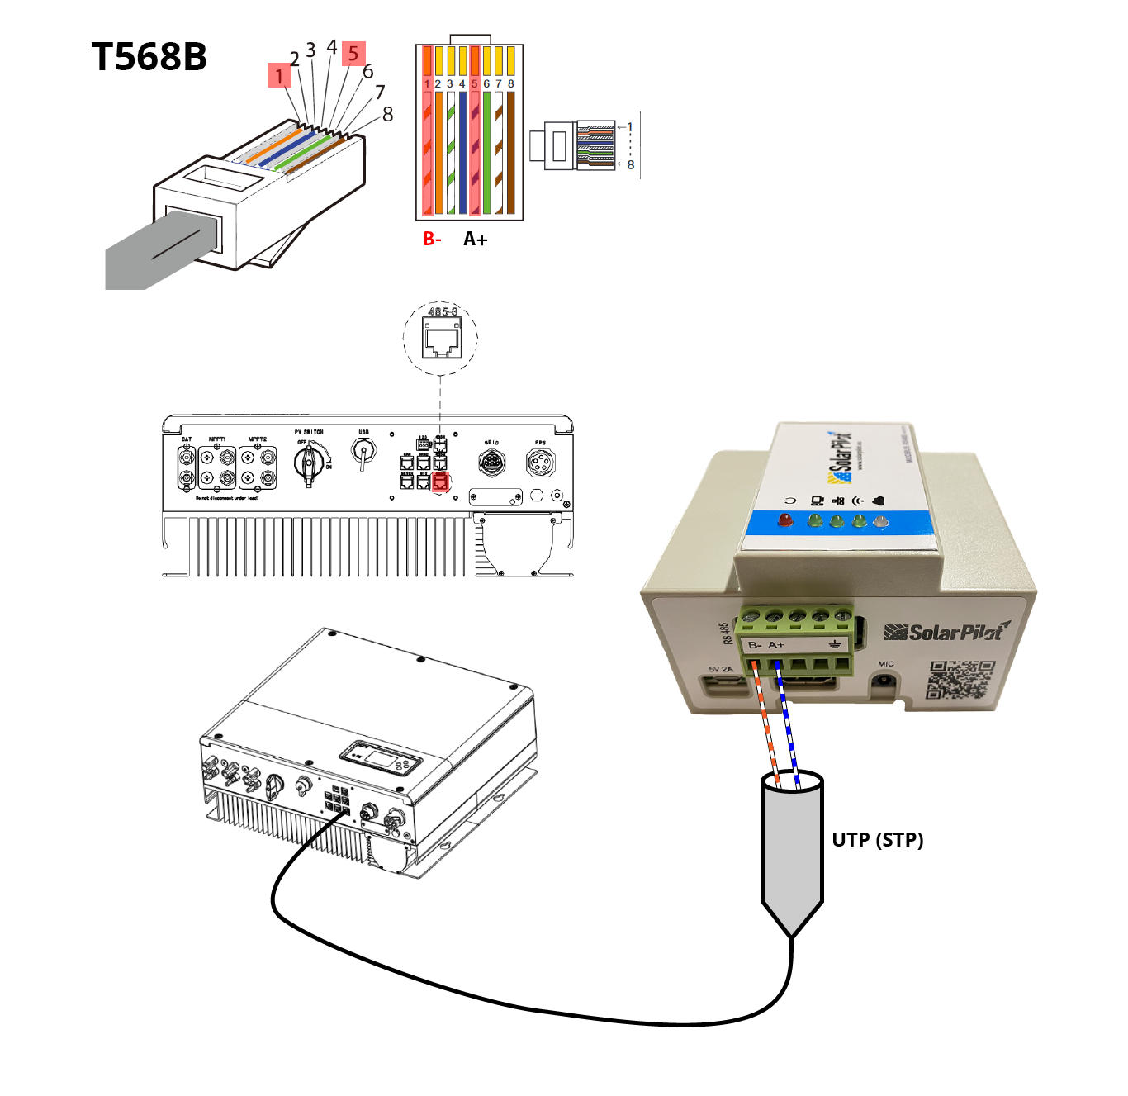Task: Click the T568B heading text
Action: click(x=149, y=57)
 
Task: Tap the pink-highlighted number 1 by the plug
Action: click(x=279, y=76)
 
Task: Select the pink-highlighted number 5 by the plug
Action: click(x=353, y=54)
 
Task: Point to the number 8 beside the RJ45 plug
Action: click(x=387, y=114)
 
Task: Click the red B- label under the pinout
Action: click(x=432, y=239)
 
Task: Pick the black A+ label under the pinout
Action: click(x=475, y=239)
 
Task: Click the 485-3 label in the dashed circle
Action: click(x=442, y=311)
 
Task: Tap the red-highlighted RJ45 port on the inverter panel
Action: click(x=440, y=481)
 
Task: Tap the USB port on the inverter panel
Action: click(x=363, y=452)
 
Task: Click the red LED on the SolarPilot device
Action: click(x=785, y=520)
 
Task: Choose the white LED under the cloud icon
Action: click(x=881, y=521)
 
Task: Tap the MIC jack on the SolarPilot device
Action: click(x=885, y=681)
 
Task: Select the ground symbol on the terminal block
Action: click(x=834, y=644)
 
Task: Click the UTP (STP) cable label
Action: click(x=877, y=840)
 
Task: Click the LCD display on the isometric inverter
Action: click(x=382, y=757)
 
